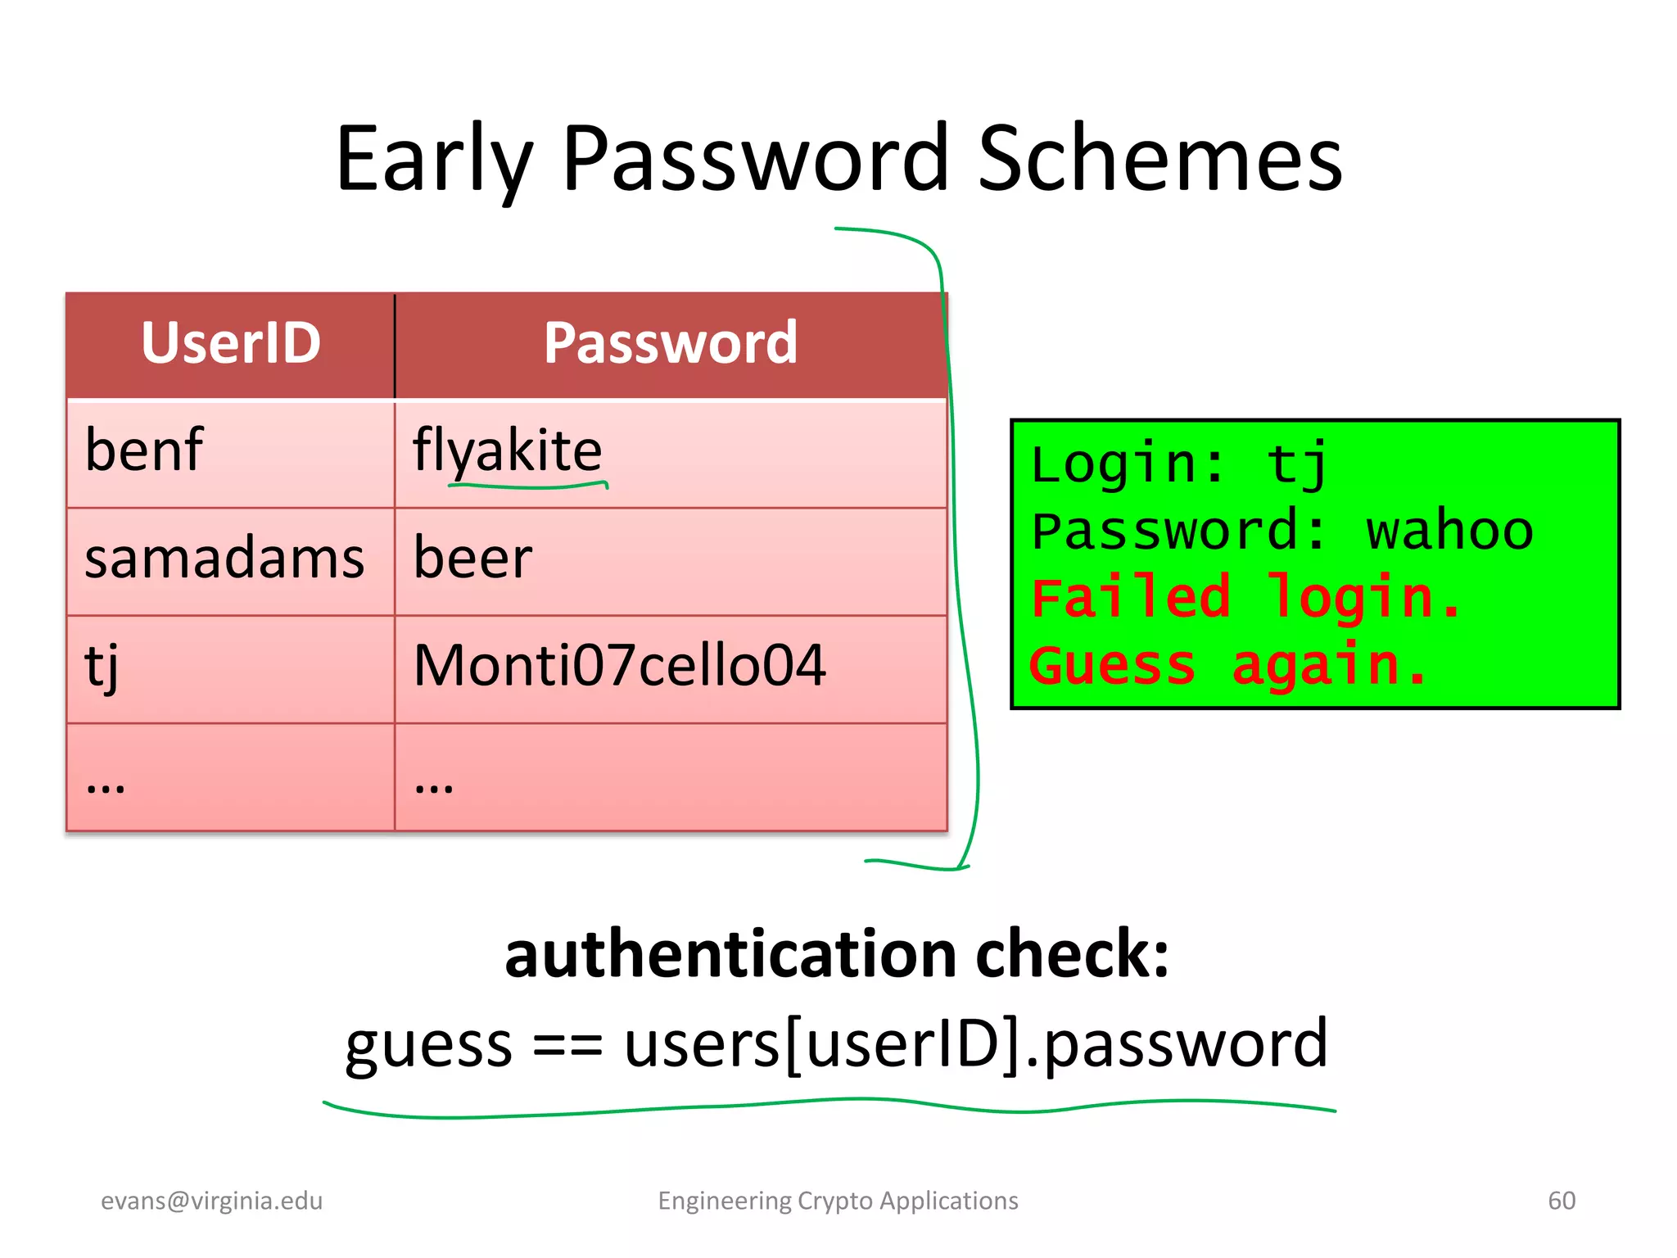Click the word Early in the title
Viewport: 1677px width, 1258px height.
pyautogui.click(x=434, y=160)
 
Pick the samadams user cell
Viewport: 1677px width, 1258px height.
pyautogui.click(x=224, y=559)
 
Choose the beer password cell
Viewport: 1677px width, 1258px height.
pyautogui.click(x=473, y=559)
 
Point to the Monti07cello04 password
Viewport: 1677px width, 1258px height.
pyautogui.click(x=620, y=665)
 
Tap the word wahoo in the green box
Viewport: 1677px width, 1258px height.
pyautogui.click(x=1449, y=531)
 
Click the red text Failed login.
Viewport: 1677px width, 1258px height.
pyautogui.click(x=1245, y=598)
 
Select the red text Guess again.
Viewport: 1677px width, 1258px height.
pyautogui.click(x=1228, y=665)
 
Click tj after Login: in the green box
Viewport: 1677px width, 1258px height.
pyautogui.click(x=1297, y=464)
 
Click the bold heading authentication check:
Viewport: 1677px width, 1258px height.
pyautogui.click(x=837, y=955)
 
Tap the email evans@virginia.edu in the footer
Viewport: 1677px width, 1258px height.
pyautogui.click(x=212, y=1201)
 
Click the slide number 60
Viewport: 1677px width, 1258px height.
pyautogui.click(x=1562, y=1201)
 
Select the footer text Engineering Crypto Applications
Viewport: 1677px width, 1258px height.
pyautogui.click(x=838, y=1201)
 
